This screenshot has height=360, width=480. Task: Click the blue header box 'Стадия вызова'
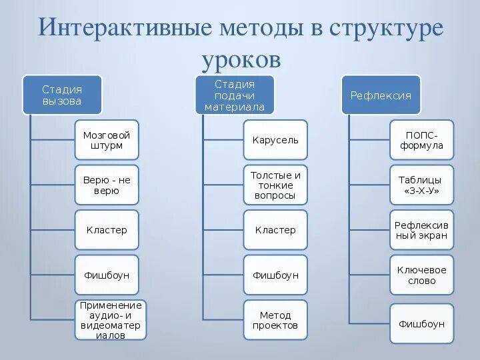coord(62,95)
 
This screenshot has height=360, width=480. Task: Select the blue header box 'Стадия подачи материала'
coord(235,95)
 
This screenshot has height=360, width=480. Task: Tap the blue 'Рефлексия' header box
coord(381,95)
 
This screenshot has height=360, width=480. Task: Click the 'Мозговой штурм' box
coord(107,140)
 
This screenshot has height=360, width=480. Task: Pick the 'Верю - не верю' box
coord(107,185)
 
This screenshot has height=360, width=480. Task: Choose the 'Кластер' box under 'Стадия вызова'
coord(107,230)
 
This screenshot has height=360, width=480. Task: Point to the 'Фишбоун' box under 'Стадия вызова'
coord(107,275)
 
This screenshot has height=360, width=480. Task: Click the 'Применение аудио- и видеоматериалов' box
coord(111,320)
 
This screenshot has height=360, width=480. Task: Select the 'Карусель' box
coord(275,140)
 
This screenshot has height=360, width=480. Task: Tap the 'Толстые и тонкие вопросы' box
coord(275,185)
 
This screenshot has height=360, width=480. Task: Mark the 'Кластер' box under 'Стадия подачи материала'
coord(275,230)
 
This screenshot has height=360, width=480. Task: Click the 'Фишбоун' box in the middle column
coord(275,275)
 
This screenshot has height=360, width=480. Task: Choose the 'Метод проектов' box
coord(275,320)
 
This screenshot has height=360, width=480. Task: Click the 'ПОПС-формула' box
coord(421,140)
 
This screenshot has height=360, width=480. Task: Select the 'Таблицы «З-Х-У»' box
coord(421,185)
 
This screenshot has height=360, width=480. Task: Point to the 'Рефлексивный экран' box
coord(421,230)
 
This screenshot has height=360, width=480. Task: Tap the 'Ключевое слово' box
coord(421,275)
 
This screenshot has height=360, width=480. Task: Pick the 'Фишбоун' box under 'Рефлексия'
coord(421,323)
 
